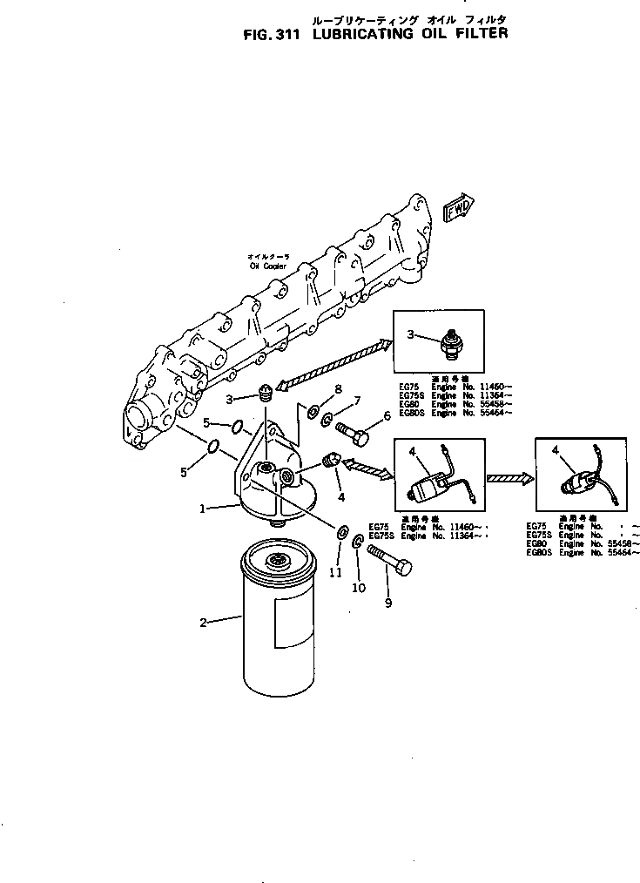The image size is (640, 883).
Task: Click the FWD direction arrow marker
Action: click(457, 211)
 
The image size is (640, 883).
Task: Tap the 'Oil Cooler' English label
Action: click(268, 266)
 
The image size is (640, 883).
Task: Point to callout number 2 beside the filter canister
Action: click(203, 622)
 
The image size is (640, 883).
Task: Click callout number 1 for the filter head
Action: click(203, 509)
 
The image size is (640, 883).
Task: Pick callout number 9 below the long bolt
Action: click(389, 603)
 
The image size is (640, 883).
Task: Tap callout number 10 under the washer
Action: click(358, 588)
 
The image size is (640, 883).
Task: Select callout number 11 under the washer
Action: click(335, 571)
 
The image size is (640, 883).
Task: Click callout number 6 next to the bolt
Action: click(387, 416)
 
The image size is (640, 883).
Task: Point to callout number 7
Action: click(357, 401)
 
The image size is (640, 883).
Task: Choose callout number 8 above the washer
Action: click(338, 388)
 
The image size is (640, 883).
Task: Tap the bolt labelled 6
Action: click(351, 429)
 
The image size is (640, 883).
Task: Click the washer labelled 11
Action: click(341, 530)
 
